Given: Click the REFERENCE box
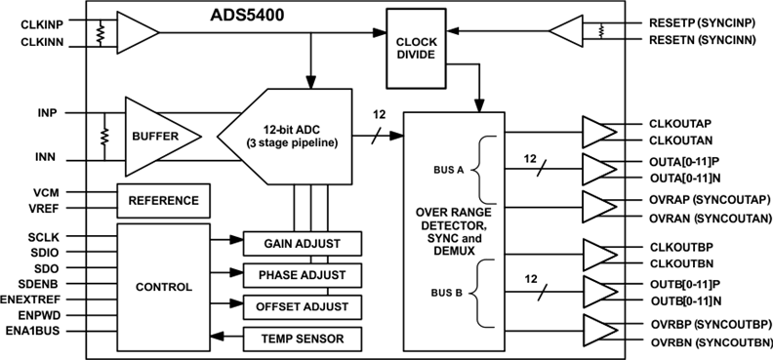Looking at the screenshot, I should [x=163, y=200].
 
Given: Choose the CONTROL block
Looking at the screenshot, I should [x=163, y=288].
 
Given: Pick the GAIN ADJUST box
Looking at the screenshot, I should [x=302, y=242].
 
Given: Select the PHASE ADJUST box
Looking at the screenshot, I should [x=302, y=274].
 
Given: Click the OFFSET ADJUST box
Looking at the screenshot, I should [x=302, y=306].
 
